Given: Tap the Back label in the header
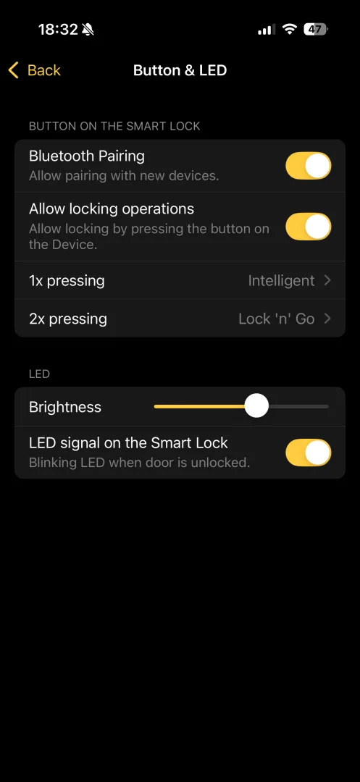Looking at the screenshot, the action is [44, 70].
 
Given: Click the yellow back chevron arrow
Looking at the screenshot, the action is [14, 70].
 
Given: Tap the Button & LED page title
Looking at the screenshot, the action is [180, 70].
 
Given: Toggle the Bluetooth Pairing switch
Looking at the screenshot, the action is [308, 166].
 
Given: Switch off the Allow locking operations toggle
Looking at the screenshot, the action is [308, 227].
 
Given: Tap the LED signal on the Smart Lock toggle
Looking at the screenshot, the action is [308, 453].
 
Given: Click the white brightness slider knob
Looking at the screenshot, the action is [256, 406].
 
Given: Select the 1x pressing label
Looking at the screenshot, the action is [67, 281].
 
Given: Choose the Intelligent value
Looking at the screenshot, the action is [281, 281].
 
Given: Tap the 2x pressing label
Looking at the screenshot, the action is [68, 319].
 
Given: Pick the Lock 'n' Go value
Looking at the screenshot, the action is [276, 319].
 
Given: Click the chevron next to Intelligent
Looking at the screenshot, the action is [327, 281].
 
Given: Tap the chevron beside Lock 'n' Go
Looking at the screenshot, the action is [327, 319].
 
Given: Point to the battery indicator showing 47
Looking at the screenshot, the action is [316, 30].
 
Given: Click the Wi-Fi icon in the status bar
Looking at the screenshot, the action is [289, 30].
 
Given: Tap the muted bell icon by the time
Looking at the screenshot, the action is [88, 30].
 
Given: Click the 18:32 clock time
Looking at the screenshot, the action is [59, 30].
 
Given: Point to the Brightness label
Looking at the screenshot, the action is [64, 407].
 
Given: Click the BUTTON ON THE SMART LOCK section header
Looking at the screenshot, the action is [114, 126].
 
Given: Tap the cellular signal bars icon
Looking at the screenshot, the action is [267, 30].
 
